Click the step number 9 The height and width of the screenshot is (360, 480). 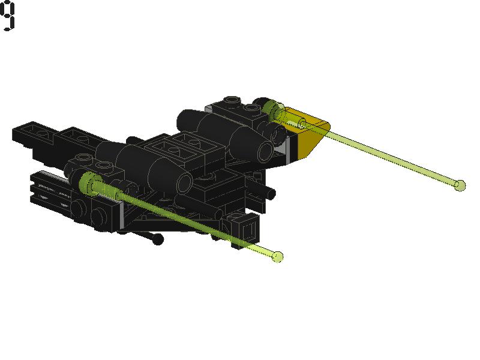(x=7, y=16)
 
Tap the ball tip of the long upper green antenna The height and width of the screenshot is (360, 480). (x=459, y=185)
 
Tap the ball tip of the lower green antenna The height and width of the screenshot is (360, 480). (x=278, y=257)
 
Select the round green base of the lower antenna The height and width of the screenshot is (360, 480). (x=88, y=184)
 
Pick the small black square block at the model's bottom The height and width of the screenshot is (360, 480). (x=248, y=227)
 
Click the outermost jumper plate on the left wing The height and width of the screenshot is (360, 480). (x=34, y=134)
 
